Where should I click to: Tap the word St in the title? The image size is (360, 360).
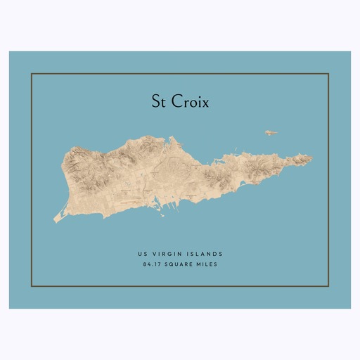point(159,101)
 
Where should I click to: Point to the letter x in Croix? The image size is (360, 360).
point(205,103)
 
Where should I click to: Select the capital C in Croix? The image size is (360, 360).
point(175,101)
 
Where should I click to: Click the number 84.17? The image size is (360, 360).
point(151,264)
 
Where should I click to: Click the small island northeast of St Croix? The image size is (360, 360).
point(271,132)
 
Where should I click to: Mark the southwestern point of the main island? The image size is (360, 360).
point(55,222)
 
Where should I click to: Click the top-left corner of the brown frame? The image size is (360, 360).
point(32,73)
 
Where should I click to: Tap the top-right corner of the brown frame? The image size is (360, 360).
point(329,73)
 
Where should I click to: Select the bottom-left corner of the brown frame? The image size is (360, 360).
point(32,286)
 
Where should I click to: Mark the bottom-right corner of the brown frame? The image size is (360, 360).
point(329,286)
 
